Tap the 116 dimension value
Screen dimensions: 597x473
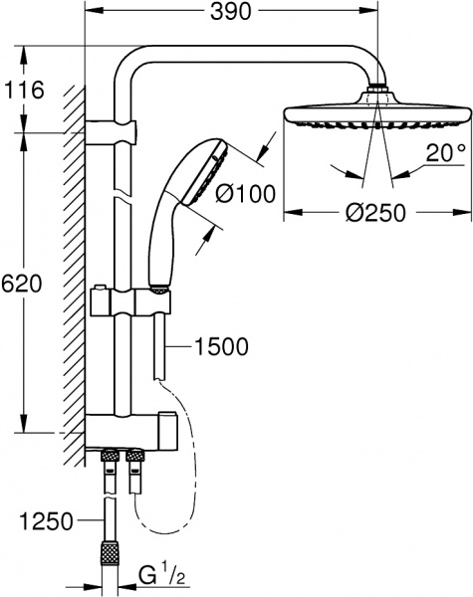tap(24, 91)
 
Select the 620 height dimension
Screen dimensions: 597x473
tap(22, 284)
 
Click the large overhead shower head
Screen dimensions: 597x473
tap(375, 114)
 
